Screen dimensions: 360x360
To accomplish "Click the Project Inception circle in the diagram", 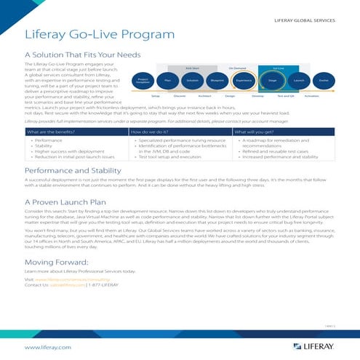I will point(144,80).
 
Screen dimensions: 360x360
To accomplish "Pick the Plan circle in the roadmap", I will point(168,80).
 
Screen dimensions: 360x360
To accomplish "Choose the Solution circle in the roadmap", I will point(193,80).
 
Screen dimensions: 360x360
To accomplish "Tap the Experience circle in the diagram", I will point(244,80).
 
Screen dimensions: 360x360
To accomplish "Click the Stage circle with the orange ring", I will point(272,80).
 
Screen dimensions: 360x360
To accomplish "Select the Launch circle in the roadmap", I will point(299,80).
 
